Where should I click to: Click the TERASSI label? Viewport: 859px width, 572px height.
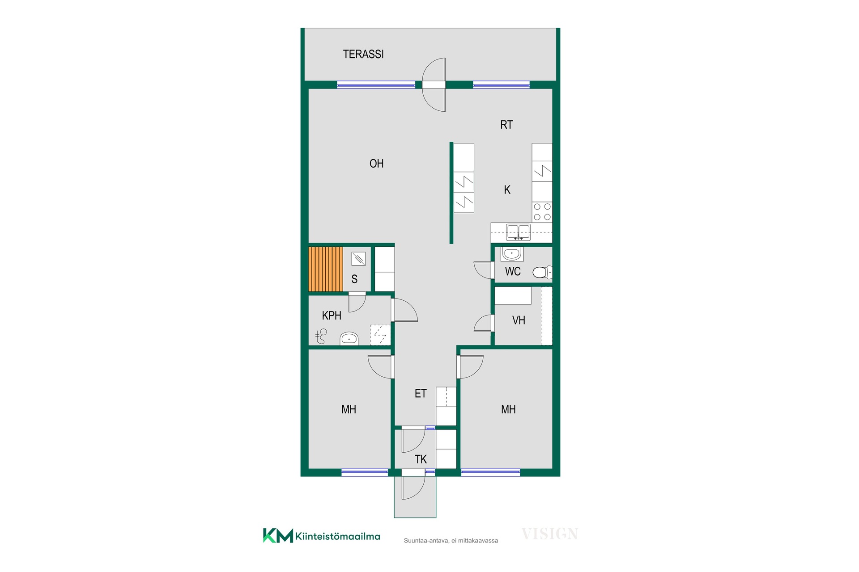[363, 54]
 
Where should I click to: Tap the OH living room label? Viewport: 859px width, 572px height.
[376, 164]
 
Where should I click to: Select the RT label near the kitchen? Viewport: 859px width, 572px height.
[506, 125]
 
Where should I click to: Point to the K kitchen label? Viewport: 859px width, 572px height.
[507, 190]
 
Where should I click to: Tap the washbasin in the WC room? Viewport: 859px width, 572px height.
[512, 254]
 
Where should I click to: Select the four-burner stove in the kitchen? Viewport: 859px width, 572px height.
[542, 212]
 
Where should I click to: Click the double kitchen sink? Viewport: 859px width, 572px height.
[518, 232]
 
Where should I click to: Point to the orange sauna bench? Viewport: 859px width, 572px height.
[326, 269]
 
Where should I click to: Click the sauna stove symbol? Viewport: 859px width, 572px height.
[358, 259]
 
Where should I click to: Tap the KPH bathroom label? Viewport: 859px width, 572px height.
[332, 315]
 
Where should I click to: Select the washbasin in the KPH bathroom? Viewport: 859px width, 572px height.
[349, 338]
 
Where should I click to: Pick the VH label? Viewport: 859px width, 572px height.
[519, 320]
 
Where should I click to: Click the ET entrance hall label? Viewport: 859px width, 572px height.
[421, 394]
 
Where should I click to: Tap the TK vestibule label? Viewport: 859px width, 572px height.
[421, 459]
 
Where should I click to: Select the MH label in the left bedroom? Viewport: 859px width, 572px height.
[349, 409]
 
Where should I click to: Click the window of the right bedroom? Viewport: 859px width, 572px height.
[490, 472]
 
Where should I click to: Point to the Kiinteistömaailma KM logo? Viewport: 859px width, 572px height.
[321, 536]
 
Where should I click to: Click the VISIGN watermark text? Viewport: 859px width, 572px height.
[550, 534]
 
